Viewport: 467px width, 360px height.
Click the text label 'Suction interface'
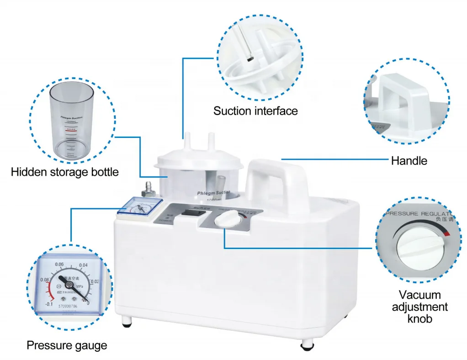pos(255,111)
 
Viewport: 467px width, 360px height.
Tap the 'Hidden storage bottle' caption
pos(64,172)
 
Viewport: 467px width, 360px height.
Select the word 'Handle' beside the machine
pos(409,160)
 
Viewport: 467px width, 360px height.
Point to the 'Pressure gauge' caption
pos(67,345)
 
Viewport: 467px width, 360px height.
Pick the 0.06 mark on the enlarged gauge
pos(59,264)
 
